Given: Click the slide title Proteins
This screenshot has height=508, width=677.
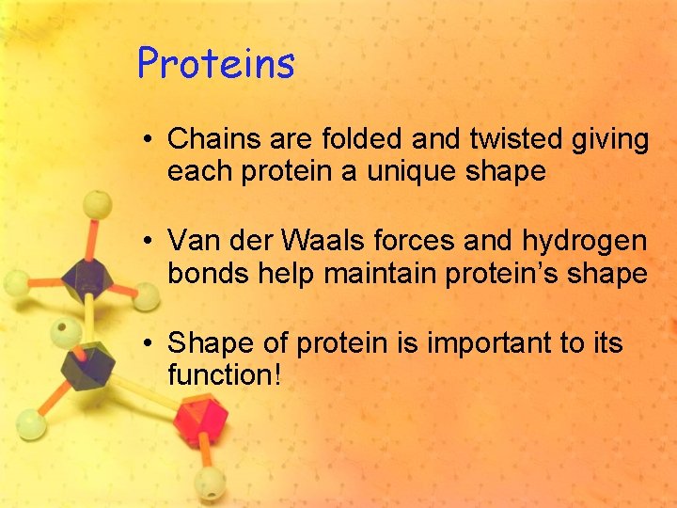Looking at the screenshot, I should point(216,64).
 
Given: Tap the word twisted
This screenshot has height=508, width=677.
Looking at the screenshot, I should point(509,140).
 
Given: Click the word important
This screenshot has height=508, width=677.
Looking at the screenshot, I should point(490,343).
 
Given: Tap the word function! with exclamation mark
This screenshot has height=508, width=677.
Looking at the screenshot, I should point(224,375).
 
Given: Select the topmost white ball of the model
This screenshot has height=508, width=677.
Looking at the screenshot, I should point(97,204).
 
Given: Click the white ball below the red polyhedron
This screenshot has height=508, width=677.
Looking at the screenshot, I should point(209,485).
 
